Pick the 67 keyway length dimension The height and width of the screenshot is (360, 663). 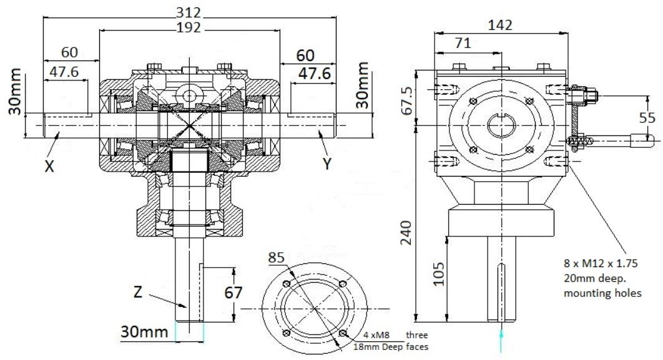pyautogui.click(x=230, y=293)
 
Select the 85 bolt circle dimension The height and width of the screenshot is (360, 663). pyautogui.click(x=276, y=257)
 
